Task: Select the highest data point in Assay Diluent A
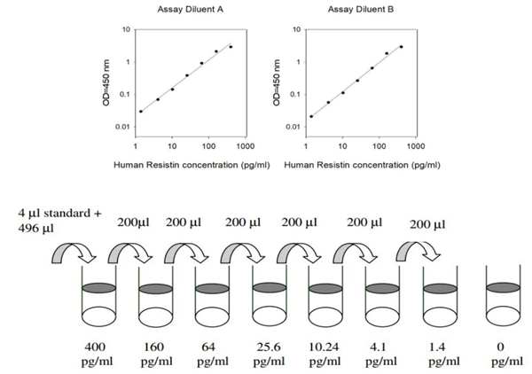pyautogui.click(x=231, y=47)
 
